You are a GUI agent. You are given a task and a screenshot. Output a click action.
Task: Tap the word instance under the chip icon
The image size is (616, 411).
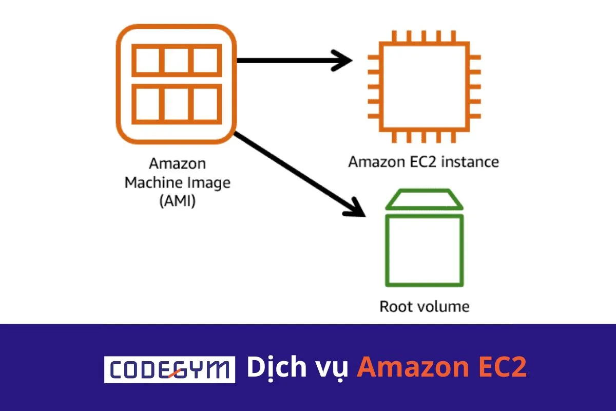tap(471, 162)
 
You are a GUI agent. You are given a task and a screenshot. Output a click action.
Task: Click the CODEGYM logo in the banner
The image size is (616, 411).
tap(169, 369)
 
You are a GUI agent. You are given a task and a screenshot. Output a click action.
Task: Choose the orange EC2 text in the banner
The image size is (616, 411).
tap(503, 368)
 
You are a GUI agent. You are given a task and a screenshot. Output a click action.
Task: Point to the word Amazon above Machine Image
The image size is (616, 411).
tap(177, 164)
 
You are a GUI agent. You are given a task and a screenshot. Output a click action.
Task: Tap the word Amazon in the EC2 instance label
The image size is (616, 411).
tap(375, 162)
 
